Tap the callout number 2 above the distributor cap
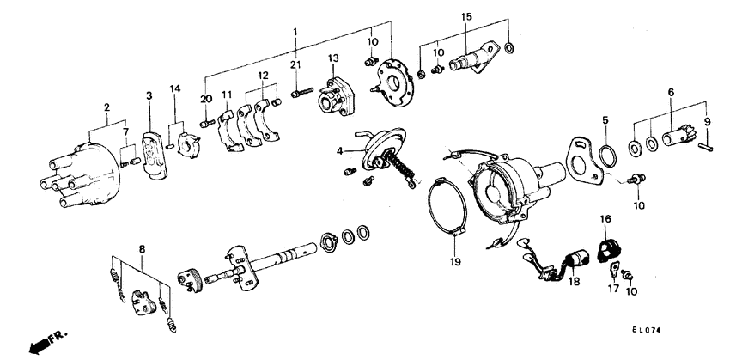pyautogui.click(x=106, y=107)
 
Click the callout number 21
pyautogui.click(x=295, y=66)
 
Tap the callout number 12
pyautogui.click(x=263, y=75)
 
